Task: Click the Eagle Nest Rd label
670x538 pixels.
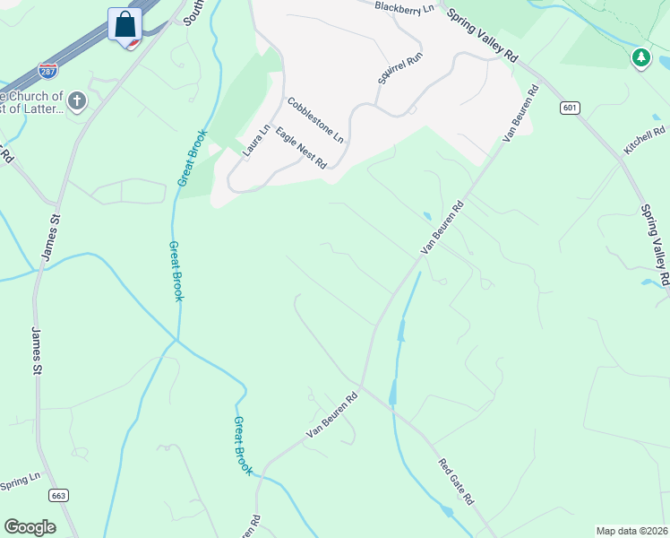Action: click(301, 147)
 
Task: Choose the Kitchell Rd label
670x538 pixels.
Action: click(645, 142)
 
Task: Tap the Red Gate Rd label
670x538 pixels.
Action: click(455, 481)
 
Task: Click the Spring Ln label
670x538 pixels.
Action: click(21, 482)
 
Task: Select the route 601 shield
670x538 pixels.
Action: click(571, 108)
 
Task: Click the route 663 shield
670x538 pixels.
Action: click(59, 495)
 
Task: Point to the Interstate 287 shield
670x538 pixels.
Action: click(48, 69)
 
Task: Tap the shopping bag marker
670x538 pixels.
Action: click(125, 24)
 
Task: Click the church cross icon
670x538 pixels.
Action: click(77, 101)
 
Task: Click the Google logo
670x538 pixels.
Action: click(30, 527)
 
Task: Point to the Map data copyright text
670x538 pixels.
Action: click(632, 531)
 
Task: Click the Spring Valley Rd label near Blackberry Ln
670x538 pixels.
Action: click(483, 36)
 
